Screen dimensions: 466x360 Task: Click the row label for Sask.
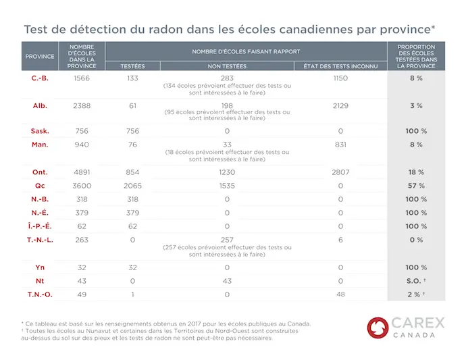40,131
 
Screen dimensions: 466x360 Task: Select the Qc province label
40,186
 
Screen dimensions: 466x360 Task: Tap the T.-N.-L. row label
40,240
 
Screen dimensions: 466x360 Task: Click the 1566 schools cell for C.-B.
82,78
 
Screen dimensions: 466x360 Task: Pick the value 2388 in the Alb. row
82,106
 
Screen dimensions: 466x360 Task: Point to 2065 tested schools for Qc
132,186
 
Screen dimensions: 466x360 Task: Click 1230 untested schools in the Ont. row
227,172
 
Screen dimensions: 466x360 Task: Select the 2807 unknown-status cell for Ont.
340,172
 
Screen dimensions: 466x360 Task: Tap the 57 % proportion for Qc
416,186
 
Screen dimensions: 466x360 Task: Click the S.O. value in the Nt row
414,281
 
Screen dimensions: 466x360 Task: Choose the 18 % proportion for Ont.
416,172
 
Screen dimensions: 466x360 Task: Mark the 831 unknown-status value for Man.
340,145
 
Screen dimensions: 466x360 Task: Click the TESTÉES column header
132,66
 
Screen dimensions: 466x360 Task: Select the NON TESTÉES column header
227,66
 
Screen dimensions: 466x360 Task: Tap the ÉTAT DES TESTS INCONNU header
340,66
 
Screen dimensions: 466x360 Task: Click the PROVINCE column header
40,57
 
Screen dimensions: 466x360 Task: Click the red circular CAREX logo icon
378,328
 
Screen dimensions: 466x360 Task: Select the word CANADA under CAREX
414,335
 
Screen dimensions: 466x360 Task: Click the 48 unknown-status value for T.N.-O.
340,294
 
